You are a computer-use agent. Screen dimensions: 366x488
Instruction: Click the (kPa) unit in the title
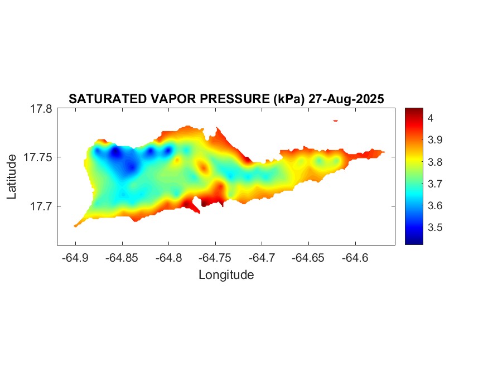pyautogui.click(x=286, y=99)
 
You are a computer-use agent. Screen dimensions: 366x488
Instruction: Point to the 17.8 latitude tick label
pyautogui.click(x=41, y=109)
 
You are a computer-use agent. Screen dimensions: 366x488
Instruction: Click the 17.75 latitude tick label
pyautogui.click(x=37, y=157)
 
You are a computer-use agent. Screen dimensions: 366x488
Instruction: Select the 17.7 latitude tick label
pyautogui.click(x=41, y=206)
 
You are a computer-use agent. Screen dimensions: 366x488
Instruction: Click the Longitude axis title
pyautogui.click(x=226, y=274)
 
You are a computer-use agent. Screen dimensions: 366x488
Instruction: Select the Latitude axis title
pyautogui.click(x=12, y=177)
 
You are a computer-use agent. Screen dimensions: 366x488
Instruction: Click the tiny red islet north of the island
pyautogui.click(x=335, y=120)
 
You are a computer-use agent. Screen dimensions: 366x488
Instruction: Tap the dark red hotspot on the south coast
pyautogui.click(x=204, y=204)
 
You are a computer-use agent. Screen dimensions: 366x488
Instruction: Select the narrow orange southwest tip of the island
pyautogui.click(x=78, y=224)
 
